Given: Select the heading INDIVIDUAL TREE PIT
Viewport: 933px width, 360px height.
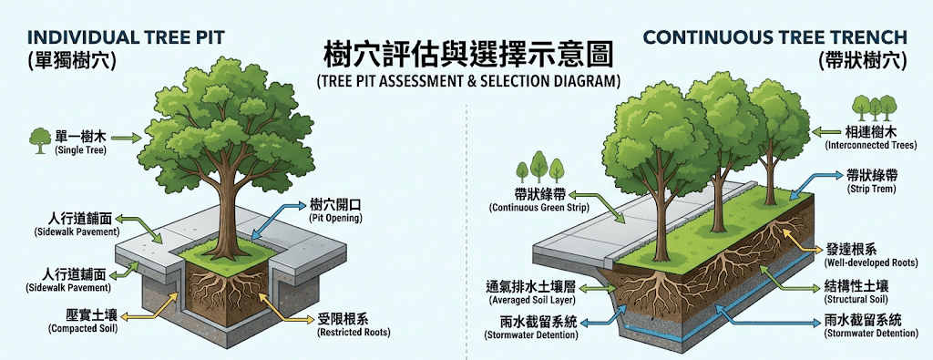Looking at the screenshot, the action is pos(126,37).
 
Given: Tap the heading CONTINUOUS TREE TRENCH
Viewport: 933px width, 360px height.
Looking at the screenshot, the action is pos(775,37).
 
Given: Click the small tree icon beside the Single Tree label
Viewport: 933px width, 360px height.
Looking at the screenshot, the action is pos(40,140).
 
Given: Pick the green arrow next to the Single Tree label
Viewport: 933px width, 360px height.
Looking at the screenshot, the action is pos(127,139).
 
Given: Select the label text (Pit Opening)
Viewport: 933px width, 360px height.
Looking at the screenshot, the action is pos(335,219).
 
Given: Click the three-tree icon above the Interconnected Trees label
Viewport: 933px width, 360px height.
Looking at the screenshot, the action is pos(874,108).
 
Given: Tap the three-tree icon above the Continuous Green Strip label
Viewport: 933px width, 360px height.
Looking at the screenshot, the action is pos(539,167).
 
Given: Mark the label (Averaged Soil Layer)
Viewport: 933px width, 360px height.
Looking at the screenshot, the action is pos(531,301).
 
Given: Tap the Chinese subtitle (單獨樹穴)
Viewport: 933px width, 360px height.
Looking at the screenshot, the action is pos(72,61).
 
